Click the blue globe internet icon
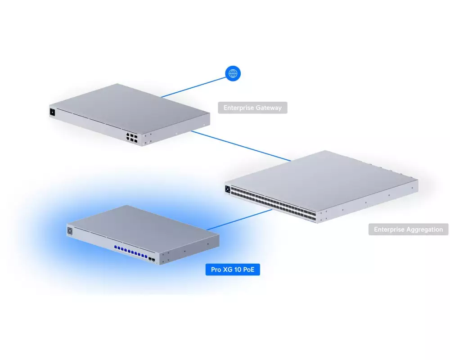233,73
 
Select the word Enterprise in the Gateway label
238,108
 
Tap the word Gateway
269,108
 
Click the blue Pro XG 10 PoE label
233,270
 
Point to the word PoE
248,270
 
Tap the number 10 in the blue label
237,270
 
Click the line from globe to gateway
193,87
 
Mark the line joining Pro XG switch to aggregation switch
239,220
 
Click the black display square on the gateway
53,112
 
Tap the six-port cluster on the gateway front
132,138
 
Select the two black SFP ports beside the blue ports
152,260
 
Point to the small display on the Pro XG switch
70,231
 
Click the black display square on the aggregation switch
228,189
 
